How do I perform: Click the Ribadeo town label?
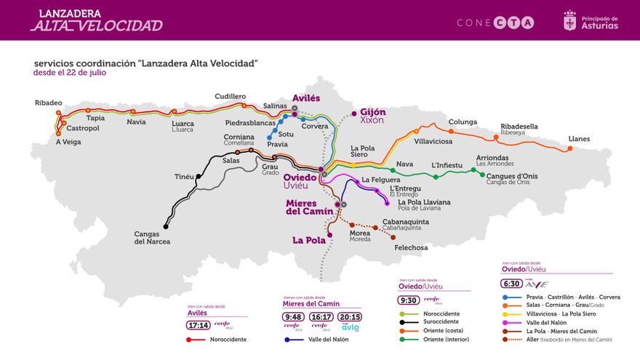(x=48, y=103)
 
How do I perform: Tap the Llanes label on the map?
(x=579, y=139)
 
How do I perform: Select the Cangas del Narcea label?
(x=152, y=238)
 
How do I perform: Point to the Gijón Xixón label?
(x=372, y=116)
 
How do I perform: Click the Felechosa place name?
(x=410, y=247)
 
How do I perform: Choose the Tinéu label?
(x=185, y=177)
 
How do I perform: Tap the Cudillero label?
(x=231, y=97)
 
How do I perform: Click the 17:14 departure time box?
(x=199, y=325)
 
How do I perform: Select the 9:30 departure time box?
(x=408, y=300)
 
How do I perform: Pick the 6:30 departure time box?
(x=511, y=284)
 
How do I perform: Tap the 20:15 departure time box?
(x=350, y=316)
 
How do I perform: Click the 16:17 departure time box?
(x=321, y=316)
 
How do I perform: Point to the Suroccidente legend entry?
(x=441, y=322)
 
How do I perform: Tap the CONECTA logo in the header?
(x=495, y=23)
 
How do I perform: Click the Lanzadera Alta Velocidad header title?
(x=96, y=20)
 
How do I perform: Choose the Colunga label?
(x=463, y=121)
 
